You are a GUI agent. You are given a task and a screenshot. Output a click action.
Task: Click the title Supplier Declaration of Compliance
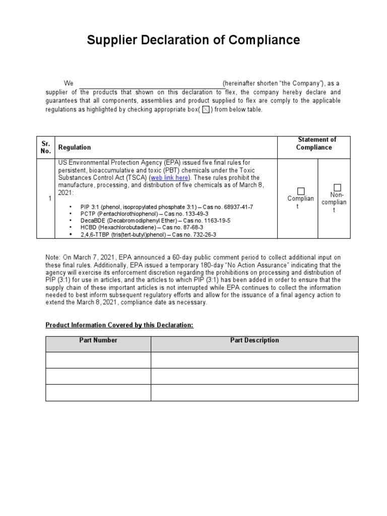point(193,40)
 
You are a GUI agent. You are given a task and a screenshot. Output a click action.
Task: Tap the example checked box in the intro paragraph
point(206,110)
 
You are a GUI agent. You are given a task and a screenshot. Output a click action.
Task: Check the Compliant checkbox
point(301,191)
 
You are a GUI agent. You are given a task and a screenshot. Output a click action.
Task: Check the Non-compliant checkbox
point(337,187)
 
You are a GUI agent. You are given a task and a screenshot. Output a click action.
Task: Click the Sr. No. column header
point(46,147)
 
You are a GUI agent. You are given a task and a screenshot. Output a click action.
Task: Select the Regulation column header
point(75,147)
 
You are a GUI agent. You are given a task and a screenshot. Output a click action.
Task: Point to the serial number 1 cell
point(50,199)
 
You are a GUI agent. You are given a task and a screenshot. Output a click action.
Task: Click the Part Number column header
point(98,341)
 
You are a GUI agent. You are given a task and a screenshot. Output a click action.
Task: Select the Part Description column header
point(254,341)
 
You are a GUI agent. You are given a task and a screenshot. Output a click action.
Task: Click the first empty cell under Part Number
point(98,360)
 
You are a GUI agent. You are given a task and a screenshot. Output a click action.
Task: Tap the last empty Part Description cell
point(254,393)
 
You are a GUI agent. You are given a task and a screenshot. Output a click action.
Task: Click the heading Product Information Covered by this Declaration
point(119,325)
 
